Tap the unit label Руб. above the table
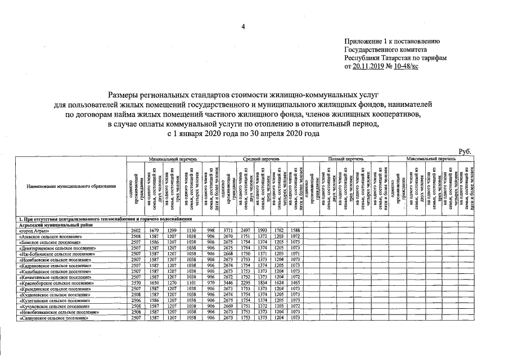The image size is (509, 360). pyautogui.click(x=465, y=151)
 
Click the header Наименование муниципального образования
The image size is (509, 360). pyautogui.click(x=70, y=186)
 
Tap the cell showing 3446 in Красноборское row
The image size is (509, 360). pyautogui.click(x=227, y=282)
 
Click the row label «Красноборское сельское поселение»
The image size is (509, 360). pyautogui.click(x=63, y=282)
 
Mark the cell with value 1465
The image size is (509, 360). pyautogui.click(x=297, y=282)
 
